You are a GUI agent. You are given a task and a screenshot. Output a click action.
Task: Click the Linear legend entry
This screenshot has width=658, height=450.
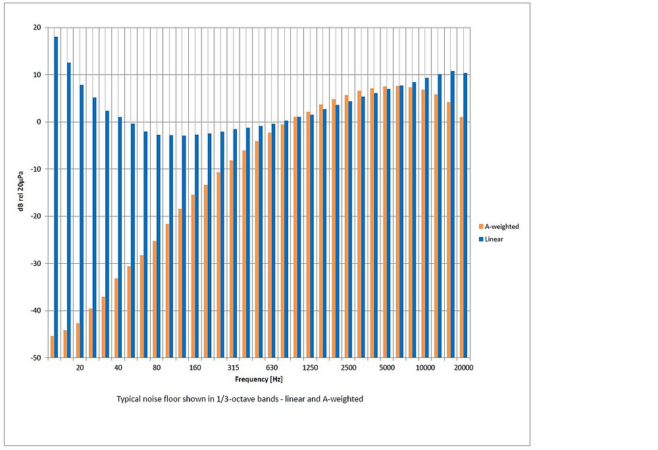(x=494, y=239)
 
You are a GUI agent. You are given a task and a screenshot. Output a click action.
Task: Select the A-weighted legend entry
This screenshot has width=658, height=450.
(x=501, y=226)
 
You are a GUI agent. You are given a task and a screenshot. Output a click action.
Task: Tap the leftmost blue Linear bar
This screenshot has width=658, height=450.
(x=56, y=197)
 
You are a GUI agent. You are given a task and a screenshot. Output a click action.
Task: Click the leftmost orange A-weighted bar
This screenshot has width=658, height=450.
(x=52, y=347)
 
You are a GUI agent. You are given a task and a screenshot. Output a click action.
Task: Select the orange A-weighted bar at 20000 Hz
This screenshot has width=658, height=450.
(x=461, y=238)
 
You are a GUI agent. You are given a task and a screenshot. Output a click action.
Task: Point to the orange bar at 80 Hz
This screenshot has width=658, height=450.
(x=155, y=299)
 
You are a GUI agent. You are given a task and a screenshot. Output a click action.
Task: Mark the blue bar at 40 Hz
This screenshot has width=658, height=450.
(x=120, y=238)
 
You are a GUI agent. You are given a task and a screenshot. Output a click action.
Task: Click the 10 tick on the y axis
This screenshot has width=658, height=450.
(x=38, y=75)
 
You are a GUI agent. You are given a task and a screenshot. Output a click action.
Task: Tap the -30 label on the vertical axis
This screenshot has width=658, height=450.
(x=35, y=264)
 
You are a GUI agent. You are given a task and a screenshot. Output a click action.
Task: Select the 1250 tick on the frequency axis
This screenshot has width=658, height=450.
(x=311, y=368)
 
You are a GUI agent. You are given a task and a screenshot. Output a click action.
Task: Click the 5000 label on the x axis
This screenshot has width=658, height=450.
(x=387, y=368)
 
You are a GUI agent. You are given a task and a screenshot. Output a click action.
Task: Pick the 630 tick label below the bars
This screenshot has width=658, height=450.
(x=272, y=368)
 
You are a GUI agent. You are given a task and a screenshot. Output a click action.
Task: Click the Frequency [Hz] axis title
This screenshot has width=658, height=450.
(x=259, y=380)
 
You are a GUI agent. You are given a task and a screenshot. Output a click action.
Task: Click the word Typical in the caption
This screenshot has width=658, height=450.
(x=129, y=399)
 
